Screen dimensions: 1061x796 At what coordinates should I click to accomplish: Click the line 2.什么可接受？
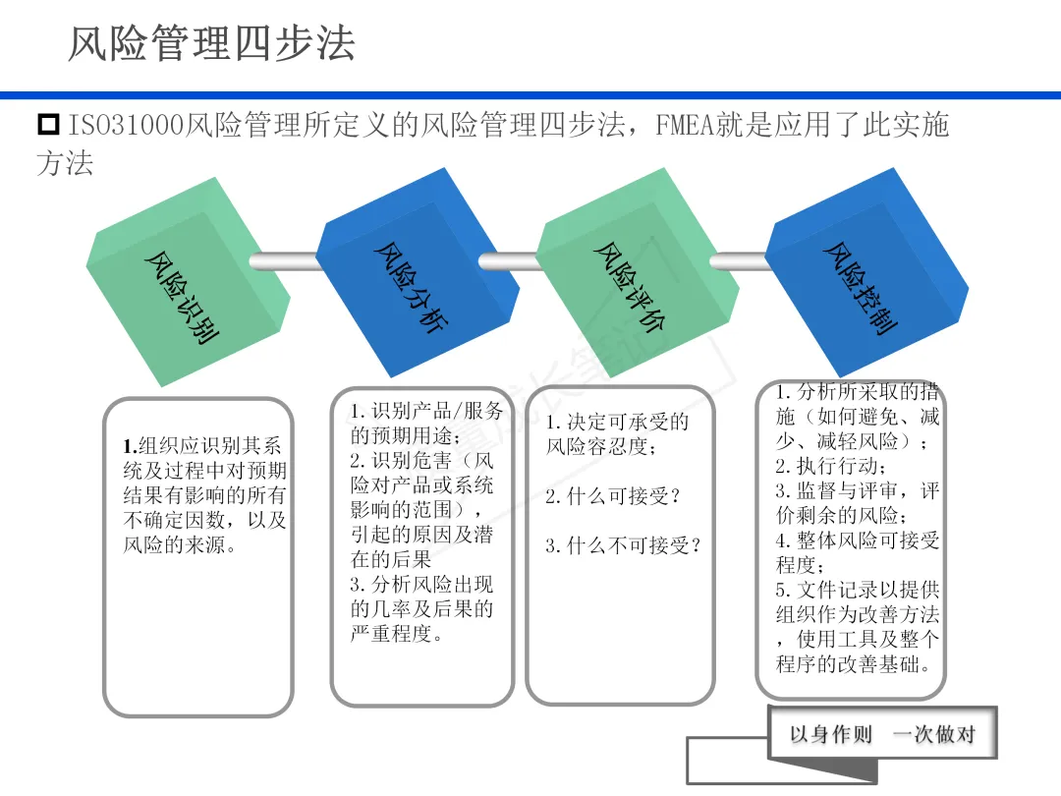(613, 496)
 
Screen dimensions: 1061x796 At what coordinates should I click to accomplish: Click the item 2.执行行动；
(831, 465)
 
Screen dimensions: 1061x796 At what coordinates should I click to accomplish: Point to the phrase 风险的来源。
(180, 544)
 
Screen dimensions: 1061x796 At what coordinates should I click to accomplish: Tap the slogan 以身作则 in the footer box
(831, 734)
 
